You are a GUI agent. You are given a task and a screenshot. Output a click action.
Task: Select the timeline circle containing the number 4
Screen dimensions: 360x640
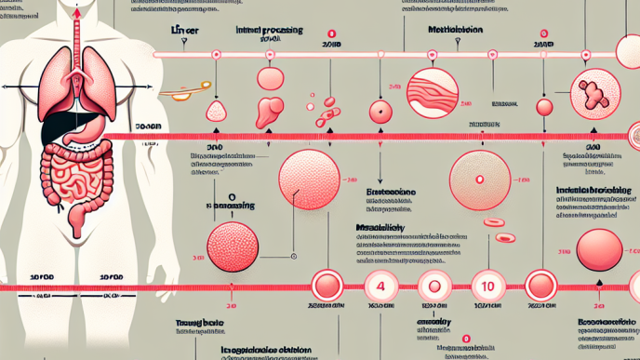[x=380, y=284]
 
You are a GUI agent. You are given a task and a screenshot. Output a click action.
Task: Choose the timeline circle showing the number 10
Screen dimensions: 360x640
[x=488, y=284]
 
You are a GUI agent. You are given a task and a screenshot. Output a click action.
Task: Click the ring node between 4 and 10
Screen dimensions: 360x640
[x=434, y=285]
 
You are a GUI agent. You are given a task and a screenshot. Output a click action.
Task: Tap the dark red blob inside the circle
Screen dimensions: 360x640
[x=592, y=92]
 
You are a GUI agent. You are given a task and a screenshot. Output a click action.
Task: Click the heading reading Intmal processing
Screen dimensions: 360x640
[x=270, y=31]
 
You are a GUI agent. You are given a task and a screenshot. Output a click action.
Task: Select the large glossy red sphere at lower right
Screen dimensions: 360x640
[x=600, y=249]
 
